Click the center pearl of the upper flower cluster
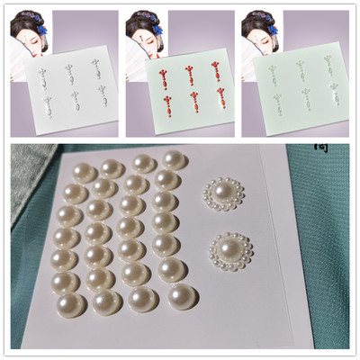(x=219, y=193)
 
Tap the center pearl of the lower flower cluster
(x=230, y=247)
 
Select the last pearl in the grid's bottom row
(x=181, y=296)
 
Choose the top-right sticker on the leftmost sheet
(x=95, y=67)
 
